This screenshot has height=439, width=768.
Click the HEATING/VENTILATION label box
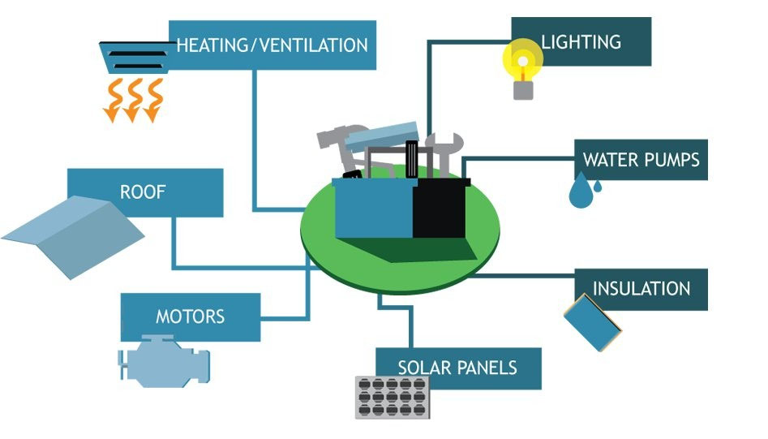pyautogui.click(x=272, y=45)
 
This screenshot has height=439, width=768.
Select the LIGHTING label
pyautogui.click(x=581, y=41)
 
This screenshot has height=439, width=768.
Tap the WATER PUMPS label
pyautogui.click(x=641, y=159)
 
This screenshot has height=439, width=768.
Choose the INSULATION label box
pyautogui.click(x=641, y=289)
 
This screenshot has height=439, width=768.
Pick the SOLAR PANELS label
pyautogui.click(x=458, y=368)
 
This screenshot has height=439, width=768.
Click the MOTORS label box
pyautogui.click(x=191, y=316)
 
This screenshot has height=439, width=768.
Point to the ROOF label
pyautogui.click(x=144, y=192)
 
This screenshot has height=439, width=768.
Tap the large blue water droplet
pyautogui.click(x=580, y=195)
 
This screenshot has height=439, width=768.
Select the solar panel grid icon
pyautogui.click(x=392, y=397)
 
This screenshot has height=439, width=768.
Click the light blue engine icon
pyautogui.click(x=165, y=362)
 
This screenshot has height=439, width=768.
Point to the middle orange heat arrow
pyautogui.click(x=131, y=101)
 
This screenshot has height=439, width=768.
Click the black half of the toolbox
pyautogui.click(x=440, y=209)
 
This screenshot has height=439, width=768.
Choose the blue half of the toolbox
pyautogui.click(x=374, y=209)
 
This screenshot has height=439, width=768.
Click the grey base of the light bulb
pyautogui.click(x=524, y=88)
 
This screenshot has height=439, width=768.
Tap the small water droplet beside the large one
pyautogui.click(x=599, y=187)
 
